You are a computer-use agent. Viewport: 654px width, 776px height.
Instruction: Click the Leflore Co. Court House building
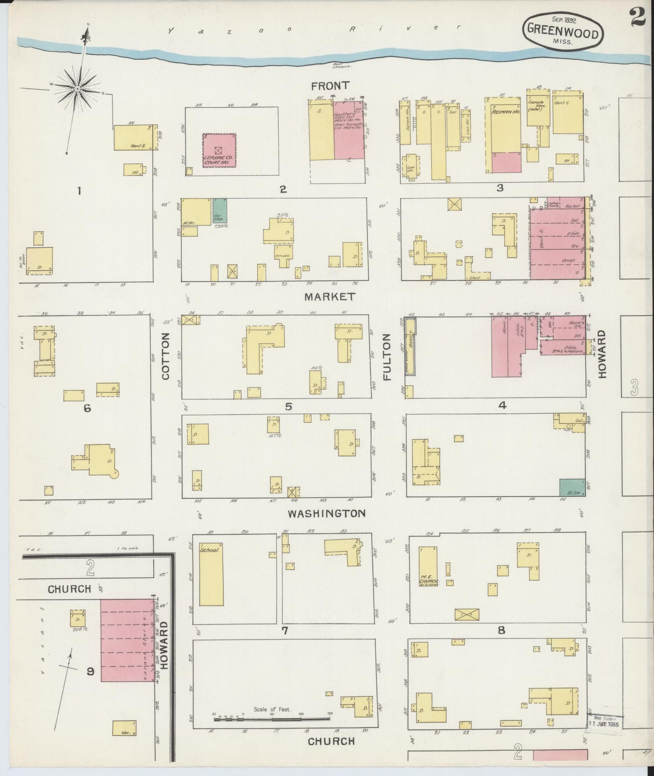coord(219,150)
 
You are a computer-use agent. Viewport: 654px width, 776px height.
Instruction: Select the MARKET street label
coord(329,297)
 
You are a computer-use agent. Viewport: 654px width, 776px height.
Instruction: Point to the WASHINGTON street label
coord(327,513)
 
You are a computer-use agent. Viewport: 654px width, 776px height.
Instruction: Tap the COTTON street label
coord(165,356)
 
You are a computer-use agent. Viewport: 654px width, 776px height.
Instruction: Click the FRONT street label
coord(330,86)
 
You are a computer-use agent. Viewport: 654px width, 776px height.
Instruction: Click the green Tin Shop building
coord(220,210)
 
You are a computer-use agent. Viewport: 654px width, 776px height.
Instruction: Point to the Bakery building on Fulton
coord(410,345)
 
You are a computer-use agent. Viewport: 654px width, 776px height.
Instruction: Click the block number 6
coord(87,408)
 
